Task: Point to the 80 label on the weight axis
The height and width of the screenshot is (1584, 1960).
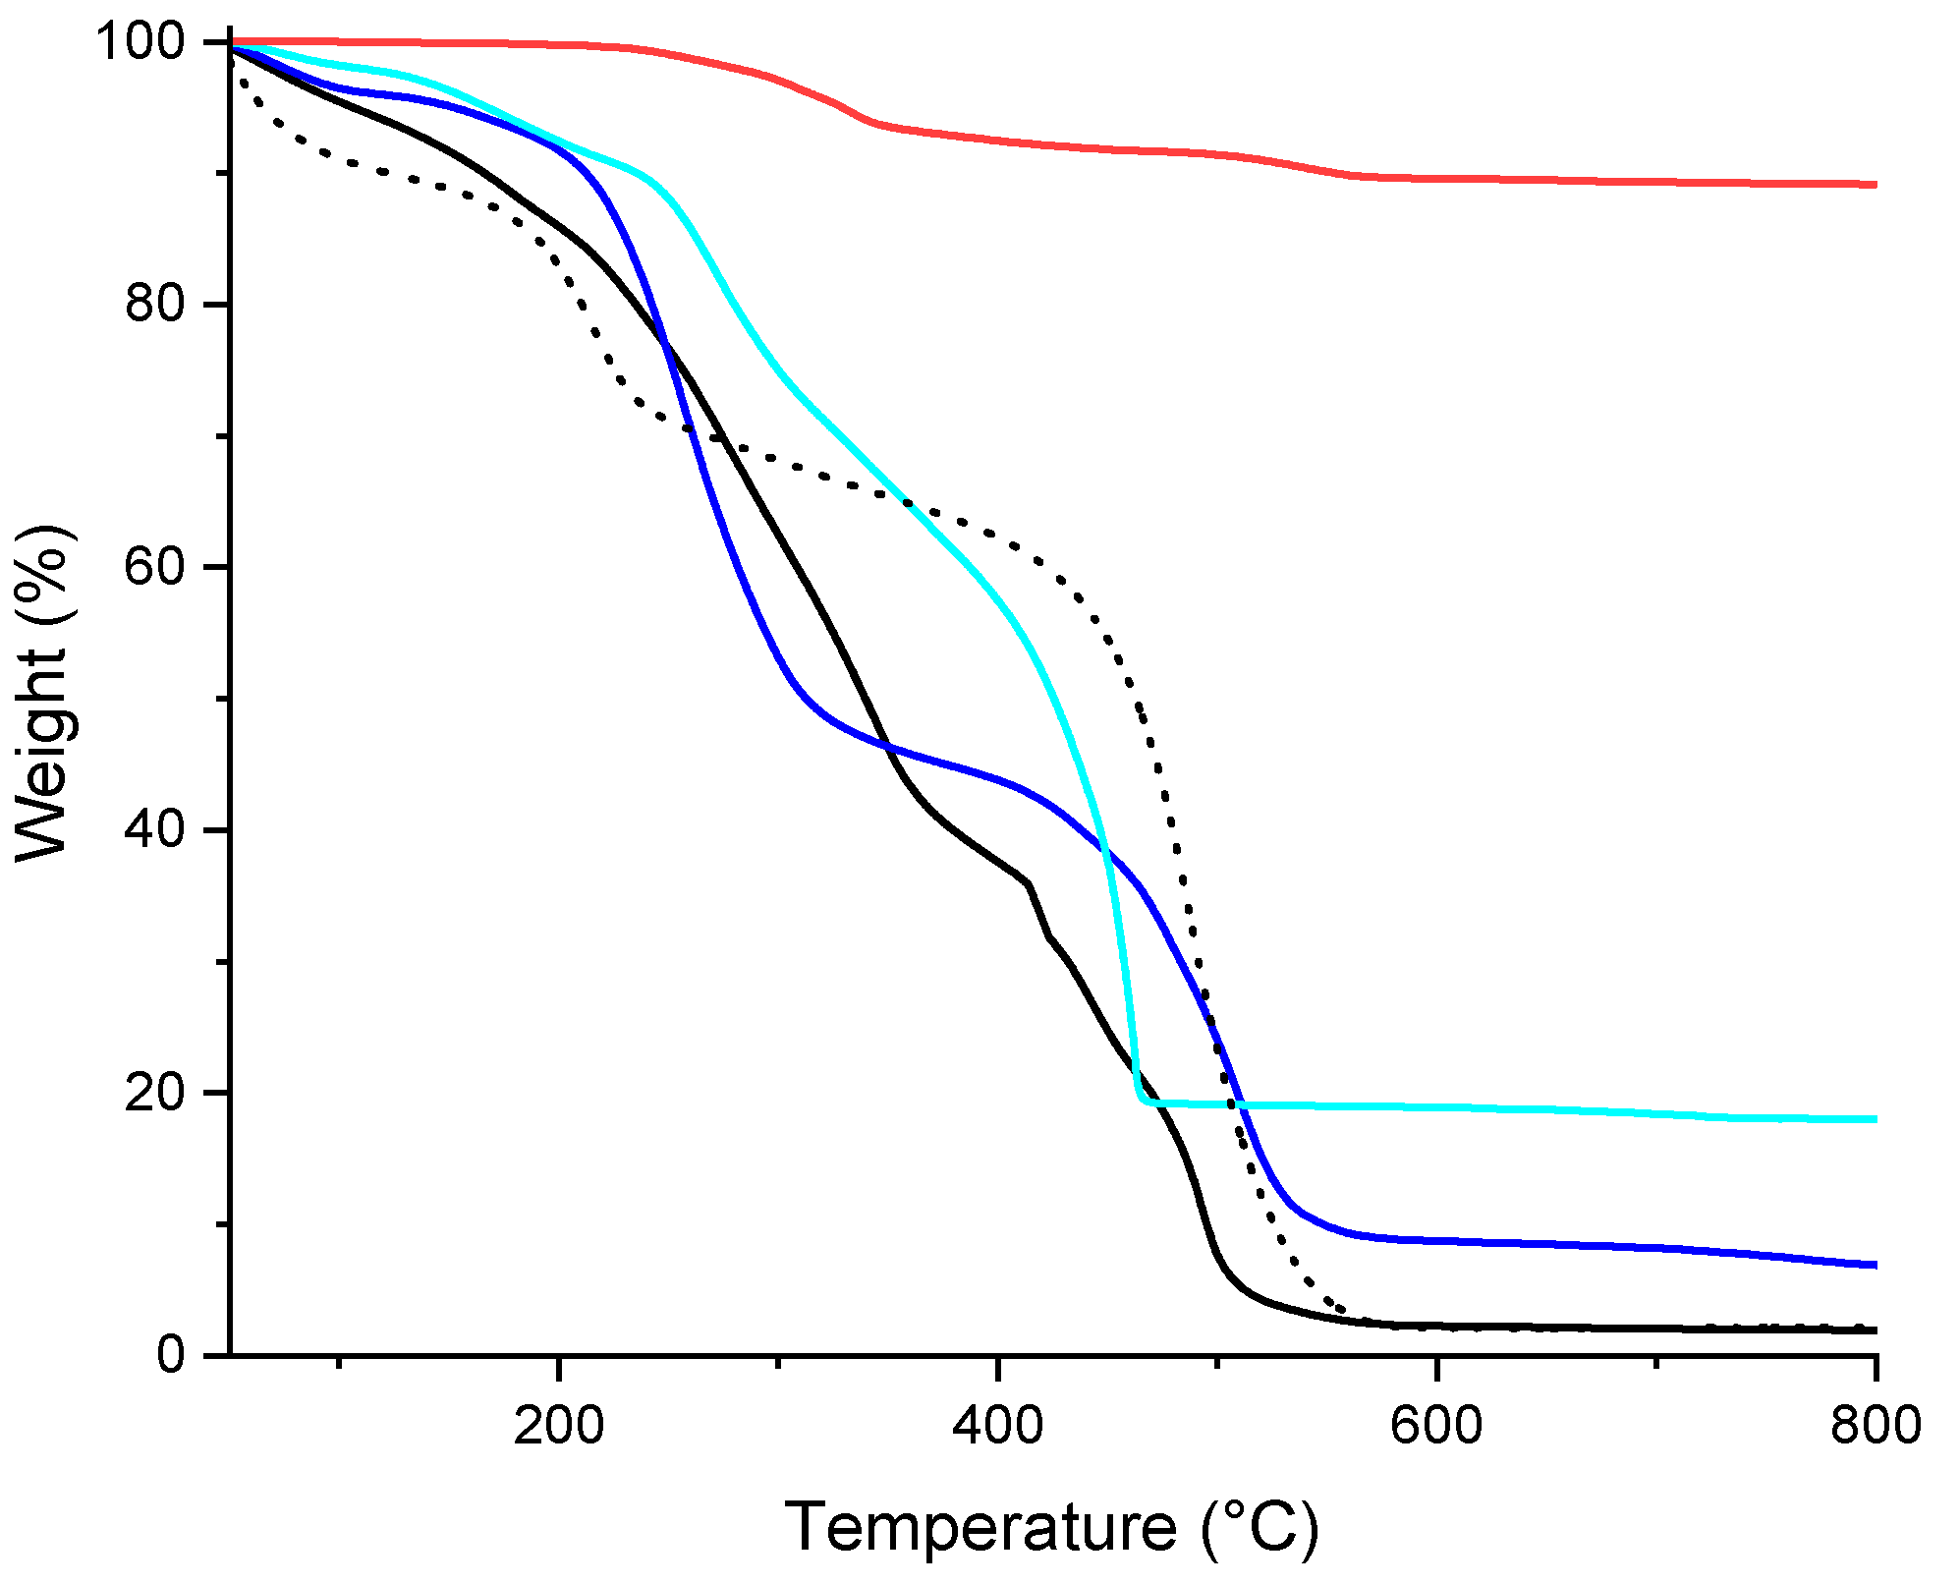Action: (155, 305)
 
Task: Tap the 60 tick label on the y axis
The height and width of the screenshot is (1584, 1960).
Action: (155, 568)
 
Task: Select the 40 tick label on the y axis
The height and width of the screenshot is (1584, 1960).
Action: (155, 830)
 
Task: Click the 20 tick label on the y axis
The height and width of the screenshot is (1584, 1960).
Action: (155, 1093)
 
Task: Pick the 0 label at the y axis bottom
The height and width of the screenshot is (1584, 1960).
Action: (172, 1356)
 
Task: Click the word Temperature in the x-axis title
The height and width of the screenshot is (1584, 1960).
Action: (980, 1527)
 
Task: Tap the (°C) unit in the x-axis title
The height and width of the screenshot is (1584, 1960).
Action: (1260, 1527)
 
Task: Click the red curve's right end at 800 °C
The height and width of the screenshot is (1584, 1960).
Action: (1875, 184)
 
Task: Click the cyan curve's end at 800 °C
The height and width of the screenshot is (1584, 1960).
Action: (1875, 1119)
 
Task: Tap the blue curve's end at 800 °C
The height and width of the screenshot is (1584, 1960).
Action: (1875, 1265)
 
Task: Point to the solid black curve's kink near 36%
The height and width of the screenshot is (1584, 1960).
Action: (1028, 884)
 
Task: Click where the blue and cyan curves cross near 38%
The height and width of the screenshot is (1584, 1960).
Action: (1105, 851)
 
